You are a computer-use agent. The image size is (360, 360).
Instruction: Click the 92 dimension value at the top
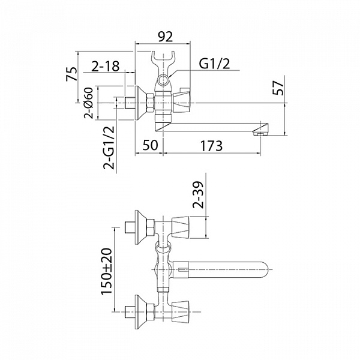[x=166, y=36]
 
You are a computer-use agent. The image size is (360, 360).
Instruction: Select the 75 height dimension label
[x=71, y=74]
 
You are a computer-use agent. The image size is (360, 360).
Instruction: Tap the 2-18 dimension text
[x=106, y=66]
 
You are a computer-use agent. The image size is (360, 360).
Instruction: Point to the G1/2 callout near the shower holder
[x=214, y=64]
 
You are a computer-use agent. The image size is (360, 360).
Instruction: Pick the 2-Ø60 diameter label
[x=89, y=103]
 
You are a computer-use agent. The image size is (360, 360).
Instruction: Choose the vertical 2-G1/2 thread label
[x=109, y=148]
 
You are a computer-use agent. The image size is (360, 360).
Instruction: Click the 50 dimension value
[x=151, y=145]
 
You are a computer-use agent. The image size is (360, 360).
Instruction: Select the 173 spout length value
[x=211, y=146]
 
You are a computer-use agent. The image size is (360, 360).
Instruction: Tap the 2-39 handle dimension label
[x=198, y=194]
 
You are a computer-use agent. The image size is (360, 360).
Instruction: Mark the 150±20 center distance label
[x=107, y=271]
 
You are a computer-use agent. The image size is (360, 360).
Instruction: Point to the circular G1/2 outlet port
[x=163, y=80]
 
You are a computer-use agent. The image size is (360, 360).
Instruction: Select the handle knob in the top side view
[x=181, y=100]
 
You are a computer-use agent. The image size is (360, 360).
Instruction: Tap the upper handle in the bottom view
[x=181, y=227]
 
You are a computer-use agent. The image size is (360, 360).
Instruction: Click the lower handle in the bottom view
[x=181, y=312]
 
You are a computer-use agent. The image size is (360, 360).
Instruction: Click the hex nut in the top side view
[x=150, y=103]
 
